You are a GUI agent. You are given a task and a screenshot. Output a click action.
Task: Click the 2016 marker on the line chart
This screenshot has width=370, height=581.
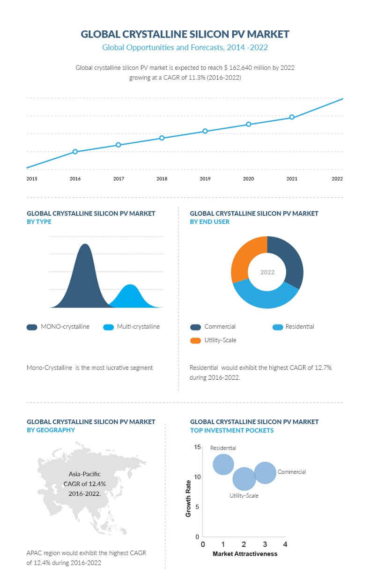tap(75, 152)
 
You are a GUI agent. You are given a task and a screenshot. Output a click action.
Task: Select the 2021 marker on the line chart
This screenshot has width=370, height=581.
tap(292, 117)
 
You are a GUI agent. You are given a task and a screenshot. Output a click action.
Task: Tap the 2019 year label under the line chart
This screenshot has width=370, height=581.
tap(205, 179)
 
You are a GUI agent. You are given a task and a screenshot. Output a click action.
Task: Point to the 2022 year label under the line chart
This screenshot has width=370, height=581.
tap(337, 179)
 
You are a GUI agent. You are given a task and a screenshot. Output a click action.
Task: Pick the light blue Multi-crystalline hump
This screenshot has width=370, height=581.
tap(132, 297)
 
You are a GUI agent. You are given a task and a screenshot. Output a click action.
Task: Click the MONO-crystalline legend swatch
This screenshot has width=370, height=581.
tap(32, 327)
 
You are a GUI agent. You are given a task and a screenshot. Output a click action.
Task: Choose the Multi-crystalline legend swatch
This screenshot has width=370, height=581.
tap(109, 327)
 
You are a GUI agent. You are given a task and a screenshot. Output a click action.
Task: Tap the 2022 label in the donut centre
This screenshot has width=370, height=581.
tap(267, 272)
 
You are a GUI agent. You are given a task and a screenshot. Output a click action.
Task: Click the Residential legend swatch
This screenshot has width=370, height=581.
tap(278, 327)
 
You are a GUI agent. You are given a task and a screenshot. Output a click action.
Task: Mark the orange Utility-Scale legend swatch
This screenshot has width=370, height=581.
tap(195, 340)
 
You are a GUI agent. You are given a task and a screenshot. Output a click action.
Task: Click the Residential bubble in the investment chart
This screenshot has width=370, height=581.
tap(223, 464)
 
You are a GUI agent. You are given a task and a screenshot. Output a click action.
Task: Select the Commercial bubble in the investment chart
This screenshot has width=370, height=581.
tap(265, 472)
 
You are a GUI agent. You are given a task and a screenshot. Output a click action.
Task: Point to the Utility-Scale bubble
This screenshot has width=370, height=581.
tap(244, 479)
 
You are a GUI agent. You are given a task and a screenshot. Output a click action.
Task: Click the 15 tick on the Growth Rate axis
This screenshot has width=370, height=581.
tap(197, 447)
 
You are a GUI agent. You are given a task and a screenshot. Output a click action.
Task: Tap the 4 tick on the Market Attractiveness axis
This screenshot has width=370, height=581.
tap(285, 544)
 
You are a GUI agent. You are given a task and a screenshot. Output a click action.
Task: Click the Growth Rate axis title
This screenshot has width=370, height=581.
tap(188, 499)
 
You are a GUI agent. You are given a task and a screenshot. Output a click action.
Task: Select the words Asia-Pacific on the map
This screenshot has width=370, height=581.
tap(85, 474)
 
